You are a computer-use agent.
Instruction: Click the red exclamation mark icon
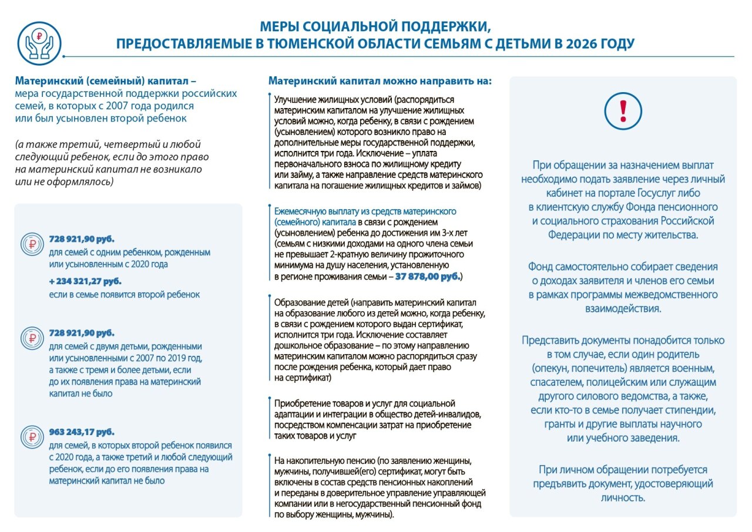click(623, 111)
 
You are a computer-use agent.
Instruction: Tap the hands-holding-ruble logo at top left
click(39, 44)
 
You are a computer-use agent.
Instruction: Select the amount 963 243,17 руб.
click(82, 432)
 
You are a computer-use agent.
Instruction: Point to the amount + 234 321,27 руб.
click(82, 281)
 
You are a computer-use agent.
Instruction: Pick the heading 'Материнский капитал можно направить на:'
click(380, 81)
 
